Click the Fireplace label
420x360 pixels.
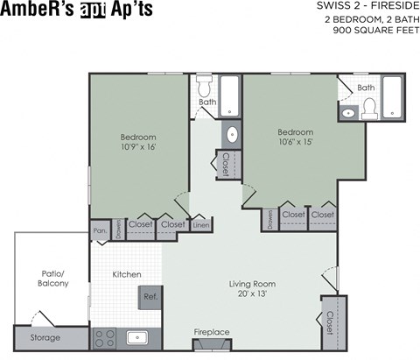point(211,332)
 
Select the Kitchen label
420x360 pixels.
point(127,274)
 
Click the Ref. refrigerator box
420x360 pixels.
point(151,297)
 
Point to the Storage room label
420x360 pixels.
point(45,337)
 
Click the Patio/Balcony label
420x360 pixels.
point(52,278)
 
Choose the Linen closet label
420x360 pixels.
point(200,226)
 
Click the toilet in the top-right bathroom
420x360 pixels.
point(368,108)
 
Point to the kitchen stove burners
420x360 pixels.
point(105,337)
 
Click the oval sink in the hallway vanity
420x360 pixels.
point(231,134)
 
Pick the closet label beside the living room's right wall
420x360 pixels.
point(330,321)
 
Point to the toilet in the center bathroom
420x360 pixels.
point(205,88)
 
